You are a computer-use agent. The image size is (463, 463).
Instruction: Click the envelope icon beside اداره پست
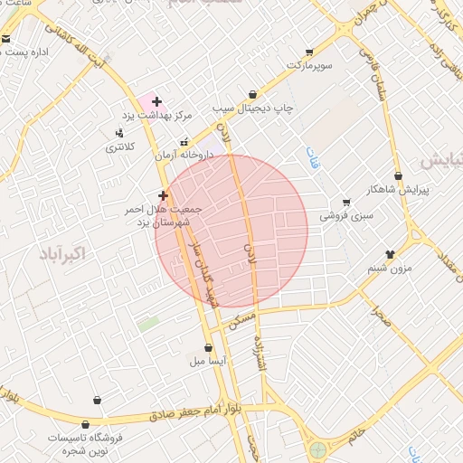6,39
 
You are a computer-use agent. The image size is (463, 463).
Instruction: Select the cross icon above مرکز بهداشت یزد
157,102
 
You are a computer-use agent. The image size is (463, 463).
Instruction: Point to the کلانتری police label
120,146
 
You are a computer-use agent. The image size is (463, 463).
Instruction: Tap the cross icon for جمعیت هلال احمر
163,195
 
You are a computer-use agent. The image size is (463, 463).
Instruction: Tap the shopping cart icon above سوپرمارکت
310,52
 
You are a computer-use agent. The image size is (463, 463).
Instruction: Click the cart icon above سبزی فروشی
345,203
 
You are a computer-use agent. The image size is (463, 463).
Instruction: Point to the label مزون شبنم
390,269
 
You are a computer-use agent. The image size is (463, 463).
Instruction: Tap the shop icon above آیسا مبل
209,347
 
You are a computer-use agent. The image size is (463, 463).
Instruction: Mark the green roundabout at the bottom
318,449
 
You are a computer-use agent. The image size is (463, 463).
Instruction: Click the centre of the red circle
231,229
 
